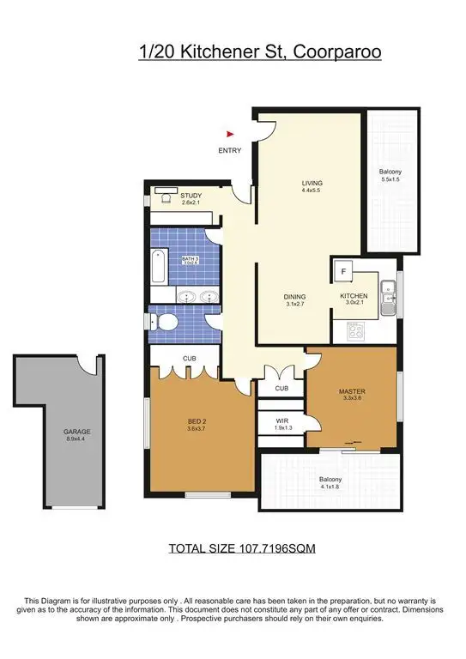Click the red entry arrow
pos(229,134)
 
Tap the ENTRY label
pos(230,150)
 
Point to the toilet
pos(165,322)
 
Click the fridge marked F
pos(344,271)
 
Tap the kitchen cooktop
pos(355,329)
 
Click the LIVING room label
pos(311,184)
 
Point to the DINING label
pos(295,298)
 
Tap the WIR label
pos(281,421)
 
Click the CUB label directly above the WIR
pos(281,388)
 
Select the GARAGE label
pos(52,432)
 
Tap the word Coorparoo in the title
pos(337,53)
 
